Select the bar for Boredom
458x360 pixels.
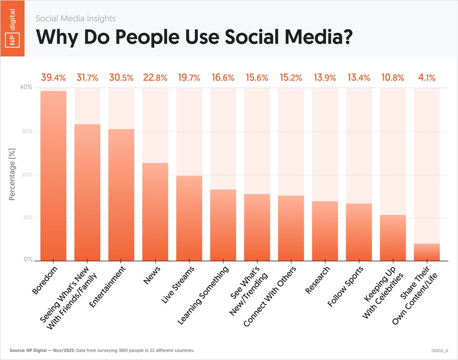53,176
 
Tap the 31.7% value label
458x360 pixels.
87,78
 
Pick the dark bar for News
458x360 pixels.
155,212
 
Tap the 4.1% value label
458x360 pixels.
427,78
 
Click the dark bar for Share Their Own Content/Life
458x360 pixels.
427,252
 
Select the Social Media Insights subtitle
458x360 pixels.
76,18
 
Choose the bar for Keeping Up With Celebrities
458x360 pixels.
393,237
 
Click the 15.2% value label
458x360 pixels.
292,78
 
